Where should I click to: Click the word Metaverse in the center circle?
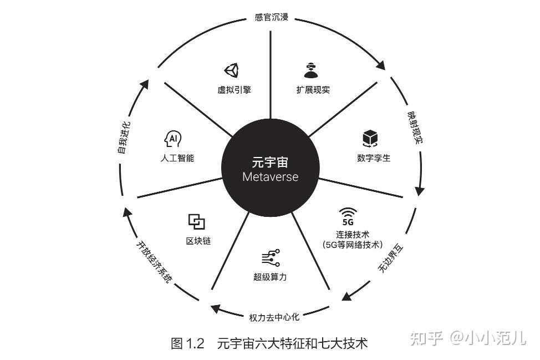pos(271,177)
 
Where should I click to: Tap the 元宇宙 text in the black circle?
pos(271,163)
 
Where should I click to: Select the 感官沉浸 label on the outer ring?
pos(272,17)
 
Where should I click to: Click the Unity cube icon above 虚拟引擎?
pos(231,70)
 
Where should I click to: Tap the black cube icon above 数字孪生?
pos(370,138)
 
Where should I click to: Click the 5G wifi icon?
pos(348,215)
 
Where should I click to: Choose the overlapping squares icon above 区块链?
pos(196,222)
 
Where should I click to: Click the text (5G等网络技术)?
pos(353,244)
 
